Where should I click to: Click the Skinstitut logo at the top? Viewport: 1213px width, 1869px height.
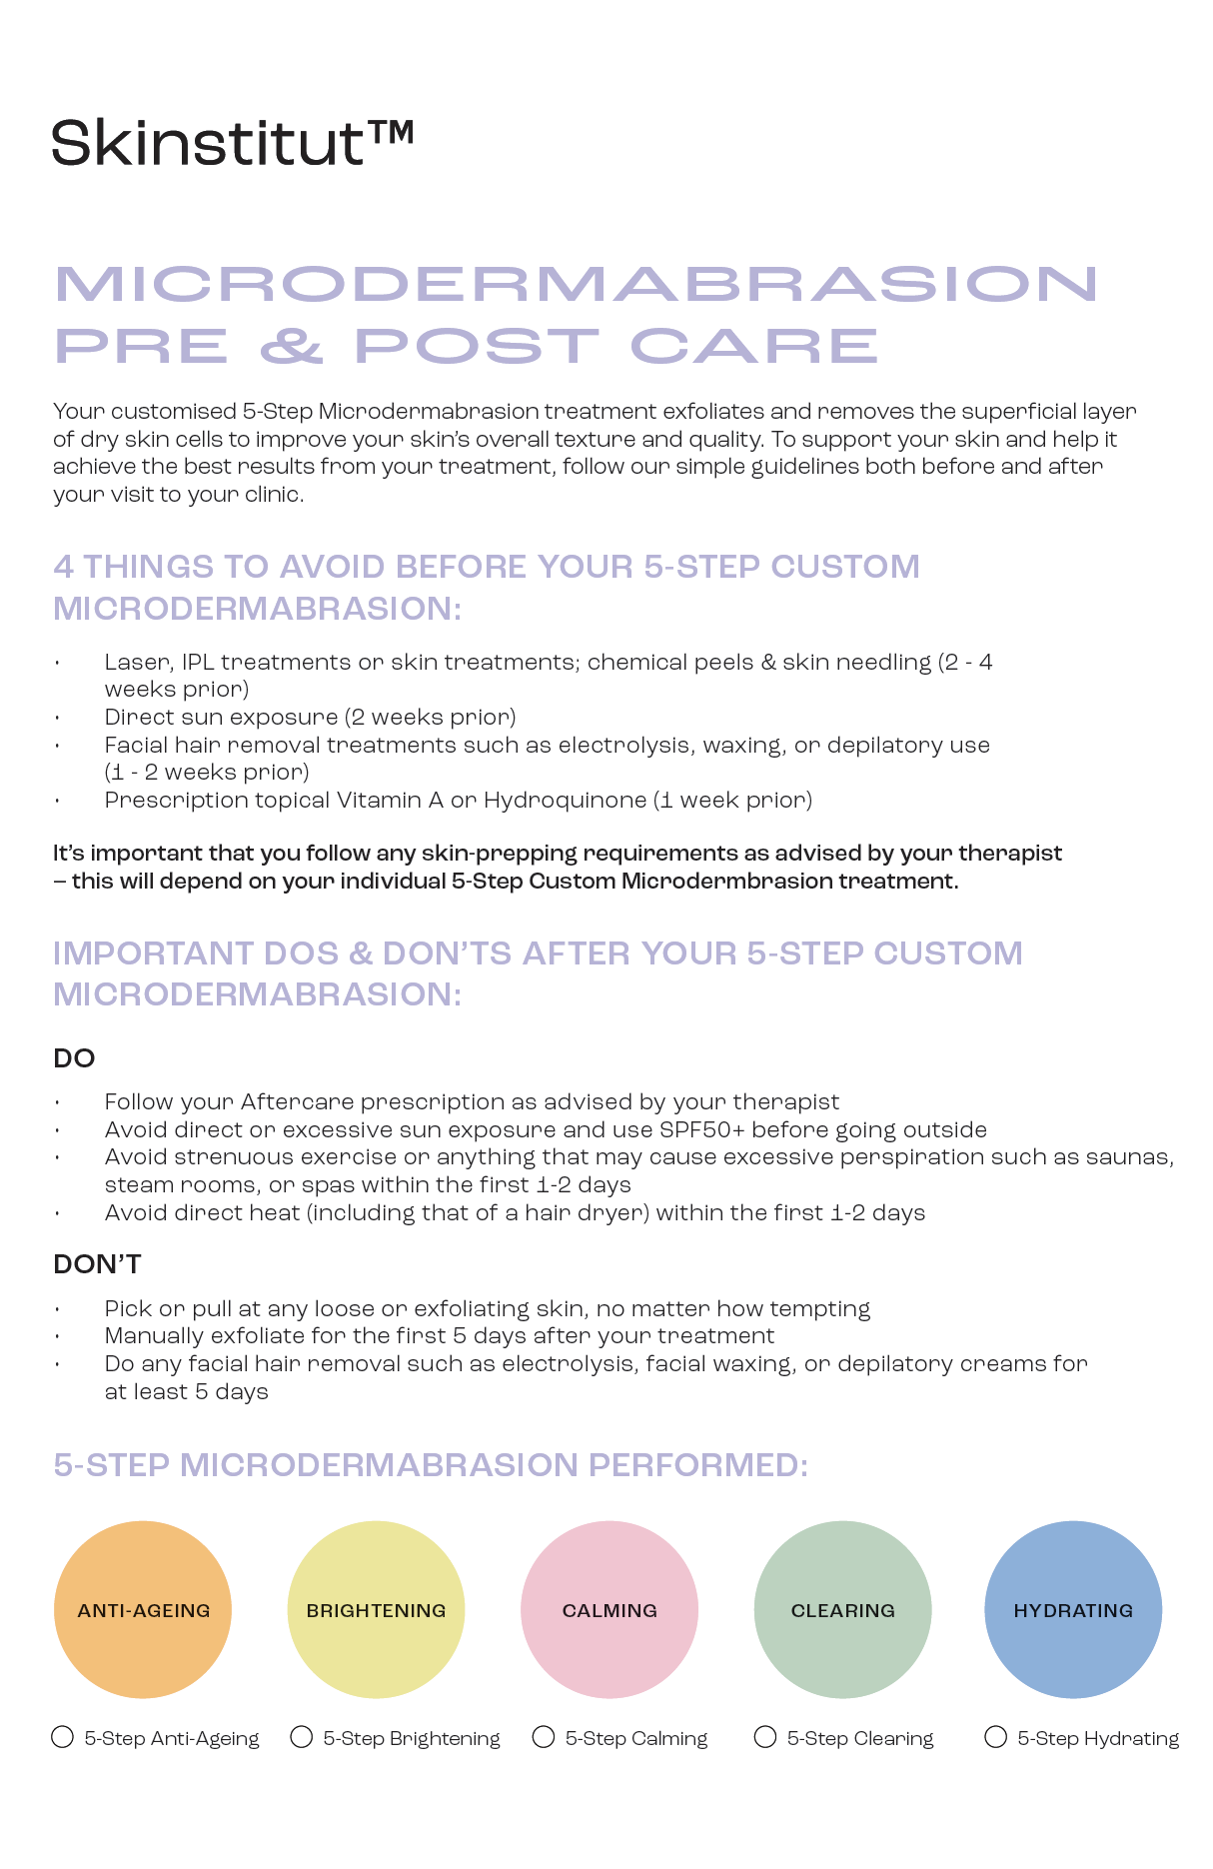pos(232,142)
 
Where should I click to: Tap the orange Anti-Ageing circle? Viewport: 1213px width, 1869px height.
pos(143,1609)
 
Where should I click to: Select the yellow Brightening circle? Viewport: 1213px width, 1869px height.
pos(376,1609)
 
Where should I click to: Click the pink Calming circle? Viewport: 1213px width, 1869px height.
pos(609,1609)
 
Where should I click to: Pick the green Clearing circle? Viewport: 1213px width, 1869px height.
pos(842,1609)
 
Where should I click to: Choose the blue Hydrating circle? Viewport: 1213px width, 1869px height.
pos(1073,1609)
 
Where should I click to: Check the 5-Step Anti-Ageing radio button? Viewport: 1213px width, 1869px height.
pos(62,1737)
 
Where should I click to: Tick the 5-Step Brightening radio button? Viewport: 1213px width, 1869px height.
pos(301,1737)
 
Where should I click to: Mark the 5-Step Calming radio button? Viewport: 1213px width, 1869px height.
pos(544,1737)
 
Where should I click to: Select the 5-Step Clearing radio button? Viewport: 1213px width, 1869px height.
pos(765,1737)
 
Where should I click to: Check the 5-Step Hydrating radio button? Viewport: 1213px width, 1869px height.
pos(995,1737)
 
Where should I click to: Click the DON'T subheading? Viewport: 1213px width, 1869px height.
pos(97,1264)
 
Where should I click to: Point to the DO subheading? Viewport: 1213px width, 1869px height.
pos(74,1058)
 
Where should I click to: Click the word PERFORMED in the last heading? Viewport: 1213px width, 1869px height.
pos(697,1465)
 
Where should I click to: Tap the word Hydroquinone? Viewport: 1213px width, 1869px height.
pos(565,801)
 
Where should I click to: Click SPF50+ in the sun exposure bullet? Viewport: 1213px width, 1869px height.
pos(701,1130)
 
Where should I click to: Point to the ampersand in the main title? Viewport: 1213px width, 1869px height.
pos(291,346)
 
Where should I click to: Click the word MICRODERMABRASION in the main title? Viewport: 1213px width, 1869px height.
pos(577,284)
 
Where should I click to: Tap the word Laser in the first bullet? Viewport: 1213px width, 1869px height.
pos(139,663)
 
